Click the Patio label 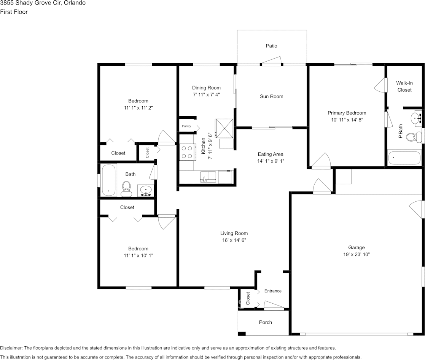click(271, 46)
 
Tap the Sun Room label click(271, 96)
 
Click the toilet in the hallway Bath click(126, 188)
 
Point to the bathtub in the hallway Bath click(108, 180)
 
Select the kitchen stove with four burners click(186, 151)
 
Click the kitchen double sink click(208, 177)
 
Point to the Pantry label click(186, 126)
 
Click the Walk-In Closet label click(404, 86)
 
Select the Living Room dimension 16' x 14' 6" click(234, 240)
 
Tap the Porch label click(265, 322)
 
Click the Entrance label click(273, 291)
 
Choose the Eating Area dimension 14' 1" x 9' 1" click(270, 161)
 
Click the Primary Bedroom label click(347, 113)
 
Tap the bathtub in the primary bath click(404, 158)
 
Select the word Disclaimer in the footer click(11, 348)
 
